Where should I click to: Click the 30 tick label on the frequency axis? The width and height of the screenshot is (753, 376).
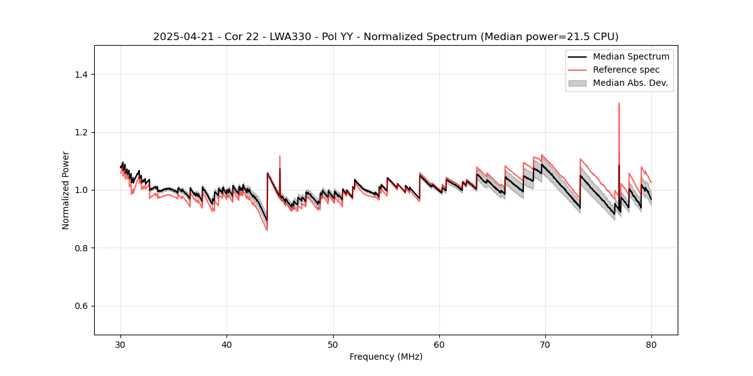click(x=120, y=345)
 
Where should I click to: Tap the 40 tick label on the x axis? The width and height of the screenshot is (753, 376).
click(x=227, y=345)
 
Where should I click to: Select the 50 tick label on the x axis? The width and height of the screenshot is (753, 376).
click(x=333, y=345)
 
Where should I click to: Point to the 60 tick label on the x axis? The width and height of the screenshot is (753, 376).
click(x=439, y=345)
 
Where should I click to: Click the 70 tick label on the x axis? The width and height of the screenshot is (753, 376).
click(x=545, y=345)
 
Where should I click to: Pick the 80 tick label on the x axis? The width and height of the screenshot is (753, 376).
click(x=651, y=345)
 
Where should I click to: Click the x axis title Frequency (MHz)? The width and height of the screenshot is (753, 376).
click(x=386, y=357)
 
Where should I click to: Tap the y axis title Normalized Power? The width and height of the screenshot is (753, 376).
click(x=66, y=190)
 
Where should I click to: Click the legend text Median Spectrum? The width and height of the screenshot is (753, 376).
click(x=631, y=56)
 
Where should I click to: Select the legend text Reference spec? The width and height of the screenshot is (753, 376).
click(x=626, y=70)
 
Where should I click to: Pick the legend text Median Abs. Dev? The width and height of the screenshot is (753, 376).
click(x=630, y=83)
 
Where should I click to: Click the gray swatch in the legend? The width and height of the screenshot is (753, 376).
click(x=577, y=83)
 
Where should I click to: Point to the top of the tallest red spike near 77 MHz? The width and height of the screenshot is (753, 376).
click(x=619, y=103)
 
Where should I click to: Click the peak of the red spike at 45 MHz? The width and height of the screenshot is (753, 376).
click(x=280, y=156)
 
